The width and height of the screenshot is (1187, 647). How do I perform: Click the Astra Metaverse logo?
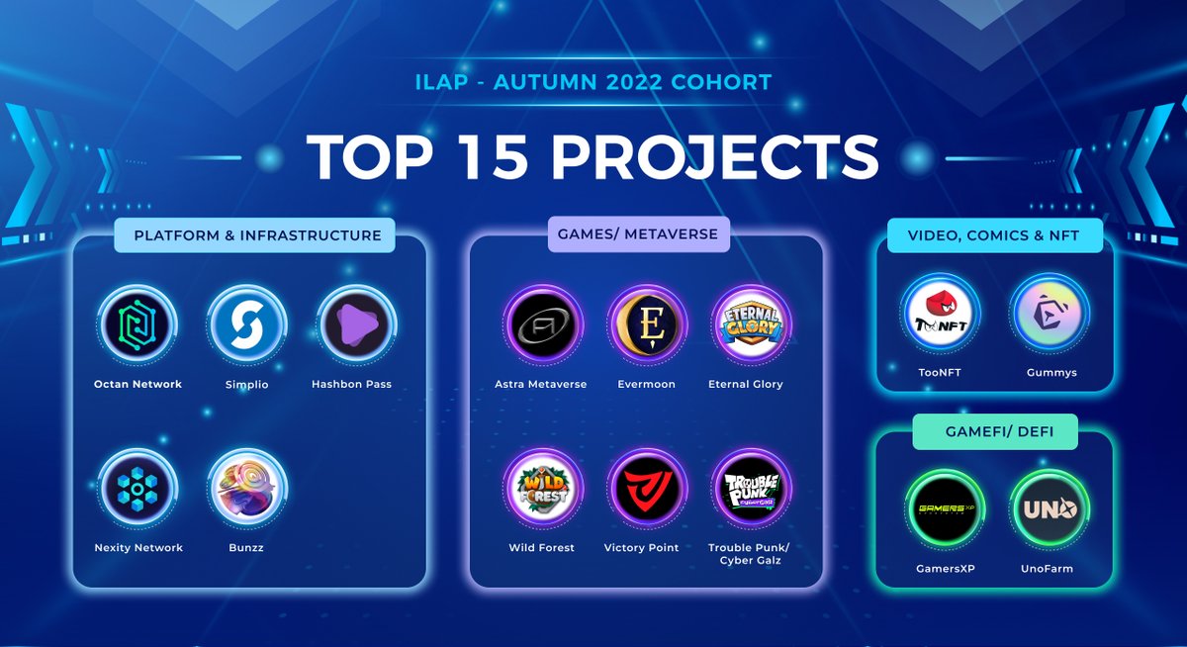click(x=541, y=324)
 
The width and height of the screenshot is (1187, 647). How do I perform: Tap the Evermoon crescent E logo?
click(x=645, y=324)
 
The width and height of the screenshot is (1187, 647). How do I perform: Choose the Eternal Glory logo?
click(x=749, y=324)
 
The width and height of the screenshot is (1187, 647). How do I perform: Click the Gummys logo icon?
click(x=1050, y=313)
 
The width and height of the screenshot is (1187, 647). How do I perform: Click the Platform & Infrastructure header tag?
click(x=256, y=235)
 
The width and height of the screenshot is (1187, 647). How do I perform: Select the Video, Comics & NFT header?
click(x=993, y=235)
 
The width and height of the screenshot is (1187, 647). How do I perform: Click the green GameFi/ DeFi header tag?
click(x=992, y=431)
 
